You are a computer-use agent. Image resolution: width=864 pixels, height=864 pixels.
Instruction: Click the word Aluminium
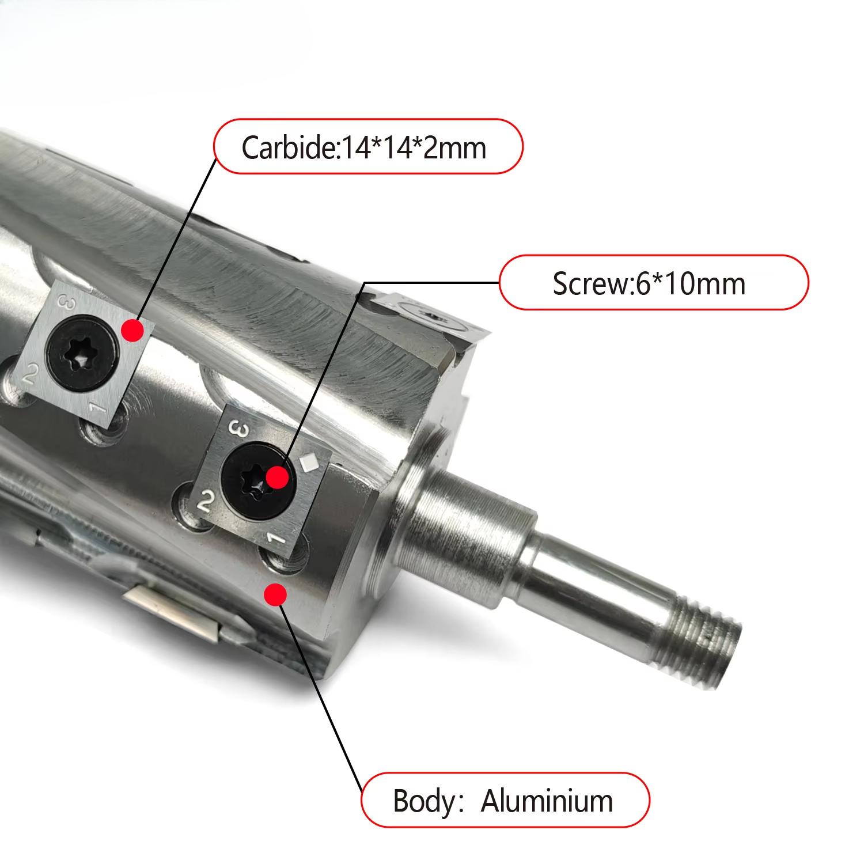point(547,801)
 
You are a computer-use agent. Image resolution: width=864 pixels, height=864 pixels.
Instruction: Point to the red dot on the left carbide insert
point(133,330)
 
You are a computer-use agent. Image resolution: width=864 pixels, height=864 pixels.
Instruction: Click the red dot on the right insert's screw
point(278,477)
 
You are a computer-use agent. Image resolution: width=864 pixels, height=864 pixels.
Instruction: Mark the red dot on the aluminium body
point(276,594)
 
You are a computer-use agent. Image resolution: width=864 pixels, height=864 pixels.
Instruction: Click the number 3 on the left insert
point(67,302)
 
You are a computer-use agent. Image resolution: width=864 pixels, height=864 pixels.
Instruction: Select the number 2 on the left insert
point(29,375)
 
